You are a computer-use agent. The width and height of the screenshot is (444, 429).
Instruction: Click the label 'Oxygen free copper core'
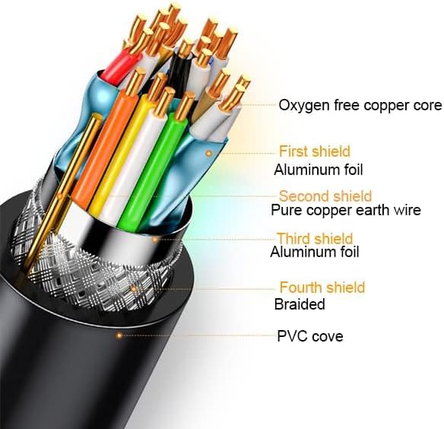[360, 105]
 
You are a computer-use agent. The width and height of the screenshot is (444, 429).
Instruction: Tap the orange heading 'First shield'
[315, 151]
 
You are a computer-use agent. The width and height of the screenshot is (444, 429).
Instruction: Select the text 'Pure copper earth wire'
[346, 210]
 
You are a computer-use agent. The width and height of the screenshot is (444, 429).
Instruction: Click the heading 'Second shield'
[325, 196]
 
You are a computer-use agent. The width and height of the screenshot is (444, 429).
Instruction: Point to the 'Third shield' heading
[315, 238]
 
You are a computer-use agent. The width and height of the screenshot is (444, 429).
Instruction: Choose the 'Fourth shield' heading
[322, 288]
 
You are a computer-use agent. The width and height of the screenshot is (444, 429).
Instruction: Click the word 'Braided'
[300, 304]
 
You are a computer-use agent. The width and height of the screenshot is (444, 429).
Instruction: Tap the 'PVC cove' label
[310, 336]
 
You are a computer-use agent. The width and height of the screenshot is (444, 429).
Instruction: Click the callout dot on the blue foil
[208, 154]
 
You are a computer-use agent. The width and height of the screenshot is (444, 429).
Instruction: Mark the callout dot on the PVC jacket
[119, 335]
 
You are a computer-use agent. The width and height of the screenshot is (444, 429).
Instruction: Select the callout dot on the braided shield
[135, 289]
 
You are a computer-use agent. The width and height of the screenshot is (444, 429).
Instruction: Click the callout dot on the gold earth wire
[60, 196]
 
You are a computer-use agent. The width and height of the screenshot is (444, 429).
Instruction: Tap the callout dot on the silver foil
[155, 240]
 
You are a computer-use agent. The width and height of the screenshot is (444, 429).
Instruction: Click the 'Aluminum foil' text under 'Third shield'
[315, 252]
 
